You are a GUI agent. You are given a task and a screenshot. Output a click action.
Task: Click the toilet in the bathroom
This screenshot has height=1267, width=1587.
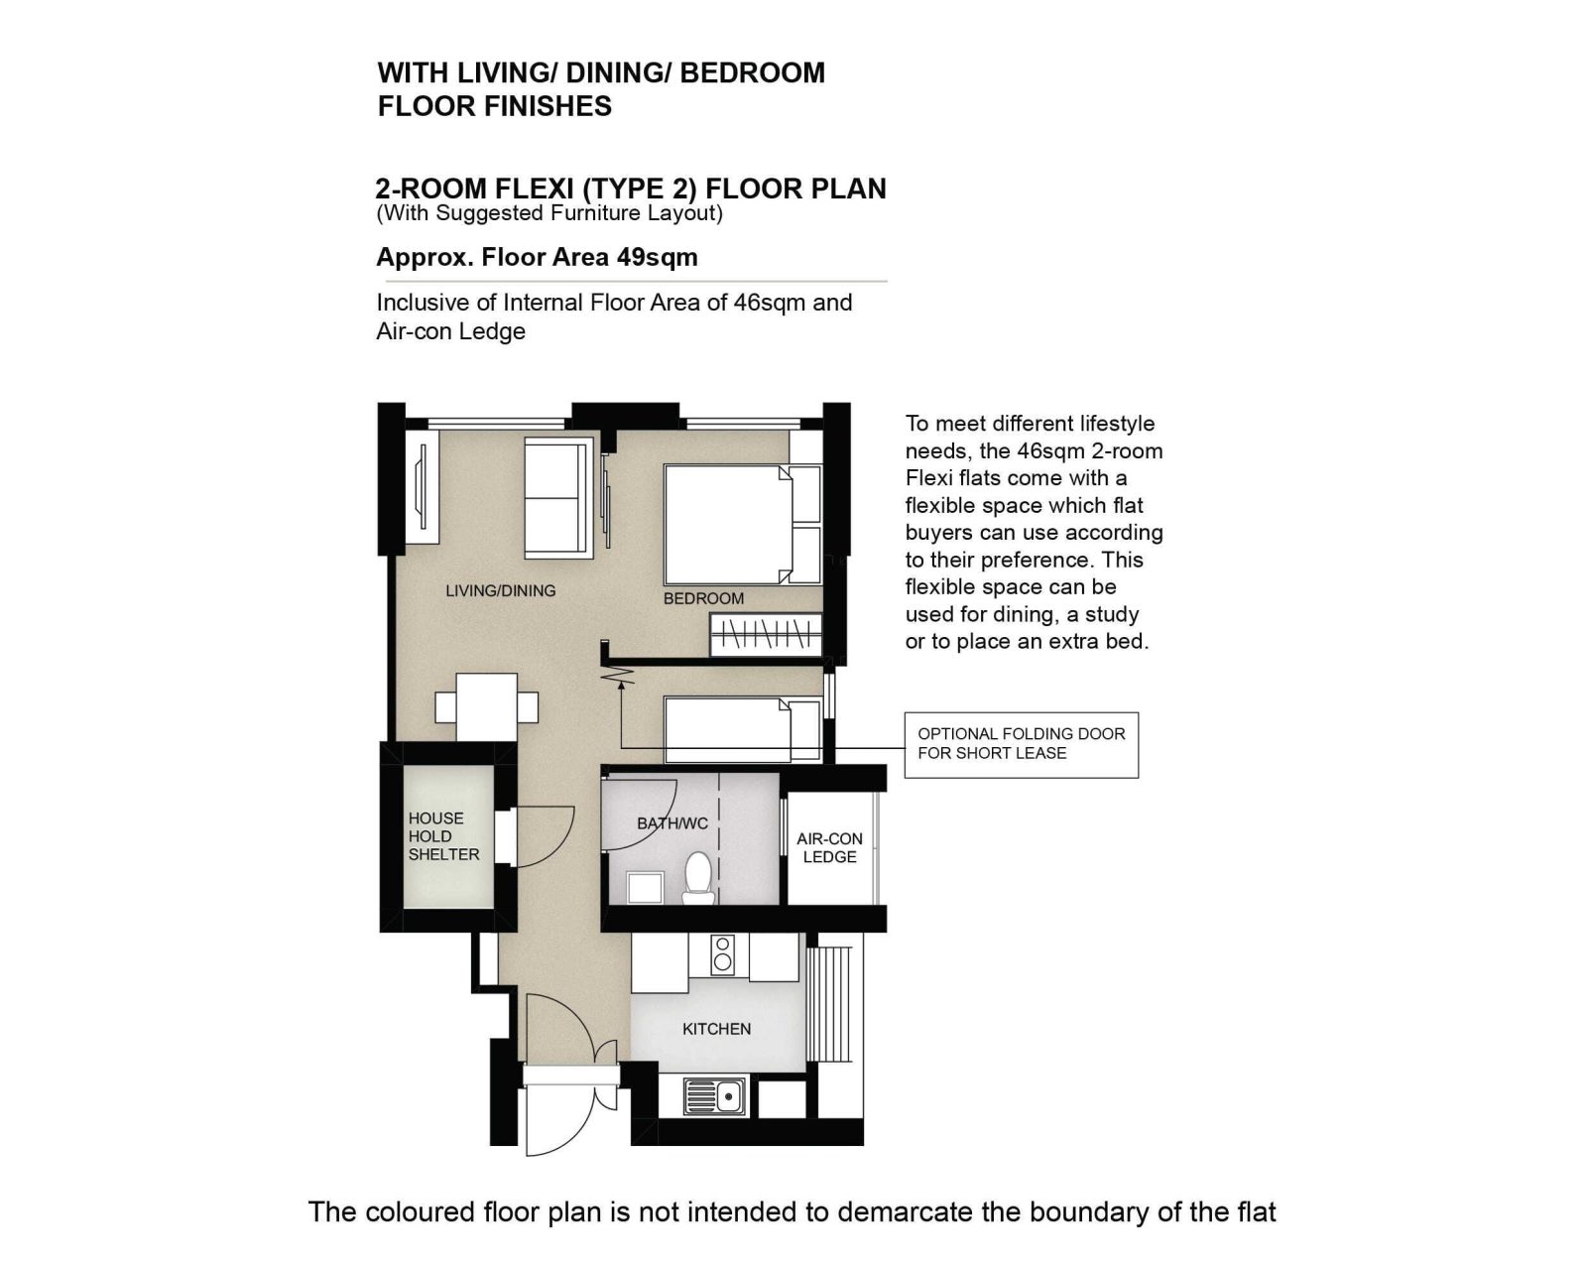(697, 877)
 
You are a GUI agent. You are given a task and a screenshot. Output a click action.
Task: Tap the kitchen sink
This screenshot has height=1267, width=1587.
(714, 1095)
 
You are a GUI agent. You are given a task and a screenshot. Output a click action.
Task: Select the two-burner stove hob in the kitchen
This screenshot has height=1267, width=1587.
(722, 954)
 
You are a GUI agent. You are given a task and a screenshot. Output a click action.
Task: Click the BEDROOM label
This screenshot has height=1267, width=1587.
(703, 598)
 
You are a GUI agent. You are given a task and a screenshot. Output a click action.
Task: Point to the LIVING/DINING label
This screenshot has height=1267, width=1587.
(501, 590)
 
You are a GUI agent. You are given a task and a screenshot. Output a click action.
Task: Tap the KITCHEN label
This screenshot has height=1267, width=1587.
(717, 1029)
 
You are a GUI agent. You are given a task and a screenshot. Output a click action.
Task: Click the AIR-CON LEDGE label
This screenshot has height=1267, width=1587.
(829, 848)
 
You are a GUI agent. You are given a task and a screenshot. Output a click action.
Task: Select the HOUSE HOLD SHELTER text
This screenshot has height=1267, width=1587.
(443, 836)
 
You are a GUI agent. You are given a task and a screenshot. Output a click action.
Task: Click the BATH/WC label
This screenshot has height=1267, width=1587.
(672, 824)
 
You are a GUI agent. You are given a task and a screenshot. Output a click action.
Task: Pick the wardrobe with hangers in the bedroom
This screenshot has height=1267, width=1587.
(766, 635)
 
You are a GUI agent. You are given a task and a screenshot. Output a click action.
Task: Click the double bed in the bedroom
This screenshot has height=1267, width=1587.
(743, 525)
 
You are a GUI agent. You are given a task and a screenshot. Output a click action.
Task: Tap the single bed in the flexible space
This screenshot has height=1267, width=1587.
(743, 730)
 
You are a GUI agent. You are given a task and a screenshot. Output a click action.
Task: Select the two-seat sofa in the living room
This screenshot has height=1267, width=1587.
(558, 498)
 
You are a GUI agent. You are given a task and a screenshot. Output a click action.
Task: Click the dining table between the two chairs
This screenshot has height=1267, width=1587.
(486, 707)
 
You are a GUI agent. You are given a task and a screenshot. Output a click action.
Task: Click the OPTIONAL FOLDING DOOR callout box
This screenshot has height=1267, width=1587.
(1022, 744)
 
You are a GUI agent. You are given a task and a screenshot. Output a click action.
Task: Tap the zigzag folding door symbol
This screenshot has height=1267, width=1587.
(618, 675)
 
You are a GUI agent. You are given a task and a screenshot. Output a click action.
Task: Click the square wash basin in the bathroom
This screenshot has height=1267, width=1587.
(645, 887)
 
